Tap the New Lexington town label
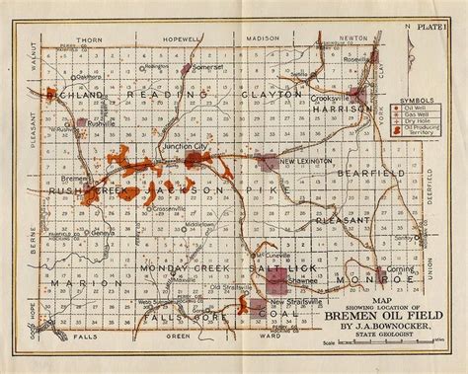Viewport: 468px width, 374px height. (x=301, y=161)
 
